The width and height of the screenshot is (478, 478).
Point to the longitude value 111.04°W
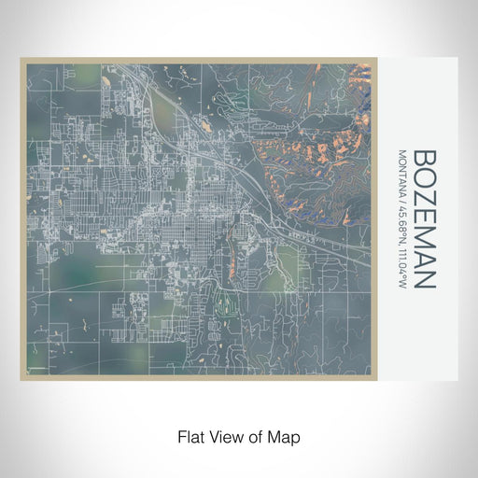pyautogui.click(x=401, y=265)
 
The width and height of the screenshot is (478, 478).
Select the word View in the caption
pyautogui.click(x=224, y=436)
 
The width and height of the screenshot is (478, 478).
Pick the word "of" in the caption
pyautogui.click(x=254, y=436)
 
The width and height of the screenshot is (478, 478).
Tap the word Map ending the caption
pyautogui.click(x=283, y=436)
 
